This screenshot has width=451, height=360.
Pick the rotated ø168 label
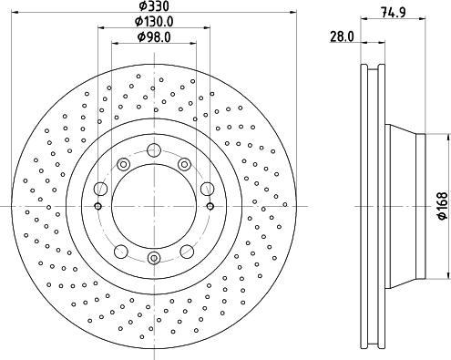tap(442, 207)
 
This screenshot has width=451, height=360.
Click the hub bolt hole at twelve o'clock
tap(154, 151)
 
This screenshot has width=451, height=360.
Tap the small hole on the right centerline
tap(210, 207)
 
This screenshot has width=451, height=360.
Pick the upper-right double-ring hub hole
tap(184, 164)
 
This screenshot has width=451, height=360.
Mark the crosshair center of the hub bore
tap(154, 207)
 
